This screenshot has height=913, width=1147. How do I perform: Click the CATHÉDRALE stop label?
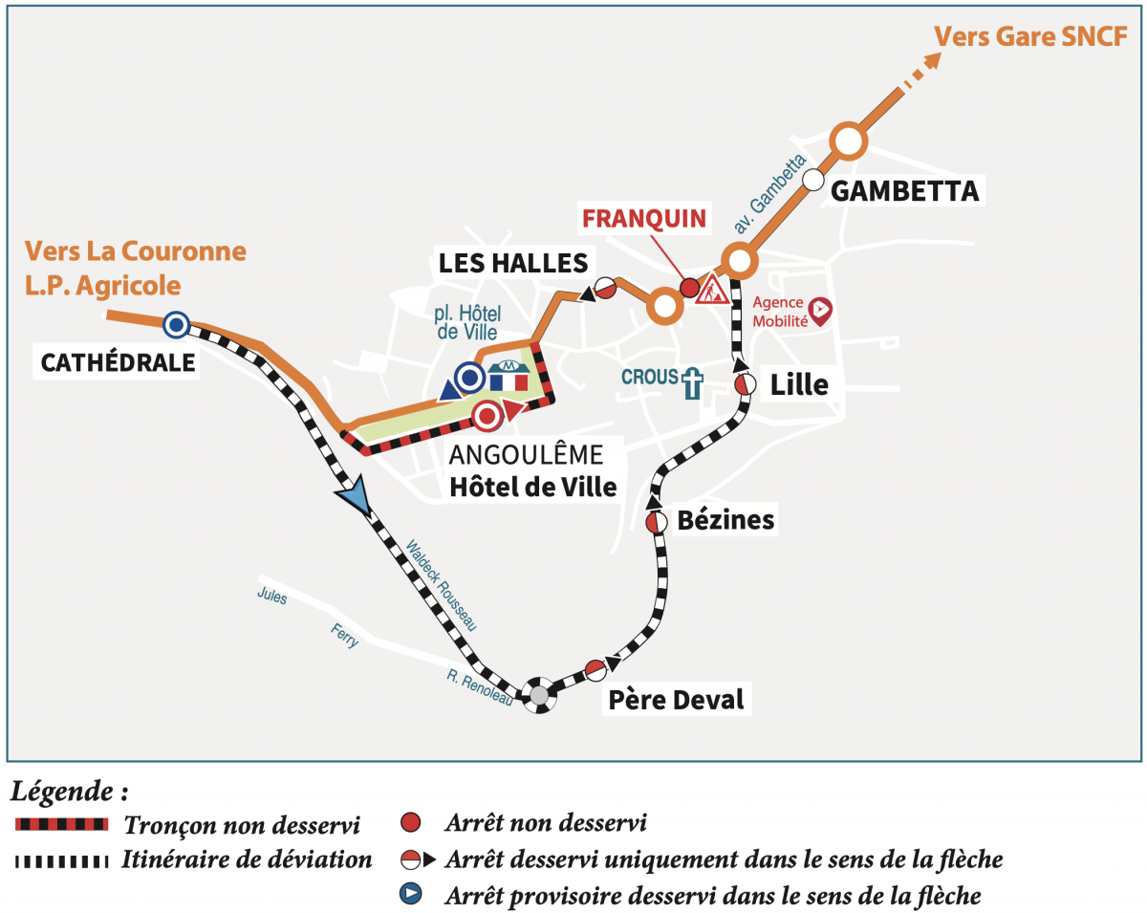(118, 362)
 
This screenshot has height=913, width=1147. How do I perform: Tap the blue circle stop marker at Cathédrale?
(175, 325)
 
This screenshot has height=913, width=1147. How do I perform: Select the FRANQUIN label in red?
(644, 218)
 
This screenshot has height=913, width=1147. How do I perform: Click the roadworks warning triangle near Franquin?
(712, 288)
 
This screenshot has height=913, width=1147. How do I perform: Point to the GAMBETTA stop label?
(904, 191)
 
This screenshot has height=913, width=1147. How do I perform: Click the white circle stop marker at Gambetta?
(813, 179)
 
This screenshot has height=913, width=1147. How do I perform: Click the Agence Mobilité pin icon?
(820, 309)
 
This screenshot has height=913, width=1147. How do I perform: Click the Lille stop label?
(799, 384)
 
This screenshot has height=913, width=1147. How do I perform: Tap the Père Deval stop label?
(676, 699)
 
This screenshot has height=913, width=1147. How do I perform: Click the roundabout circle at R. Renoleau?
(539, 695)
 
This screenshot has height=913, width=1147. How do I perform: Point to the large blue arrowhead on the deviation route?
(355, 497)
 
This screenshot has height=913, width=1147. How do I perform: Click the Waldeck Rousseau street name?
(441, 585)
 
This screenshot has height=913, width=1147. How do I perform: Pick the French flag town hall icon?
(509, 376)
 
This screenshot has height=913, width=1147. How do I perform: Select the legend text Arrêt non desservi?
(546, 822)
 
